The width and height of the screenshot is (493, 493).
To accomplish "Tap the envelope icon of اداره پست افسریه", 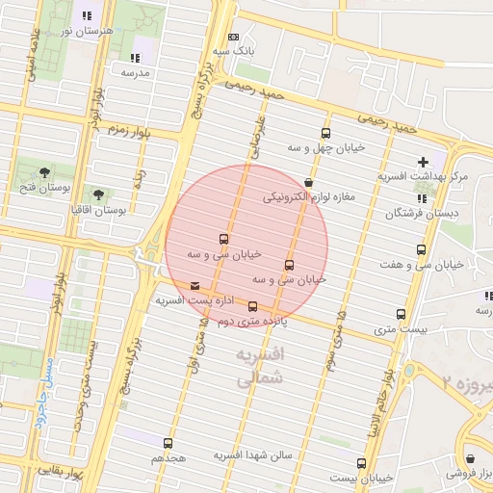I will click(196, 286).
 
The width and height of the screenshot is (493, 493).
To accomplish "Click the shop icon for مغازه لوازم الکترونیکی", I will click(308, 182).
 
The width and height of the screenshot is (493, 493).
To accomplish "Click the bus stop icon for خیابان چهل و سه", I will click(325, 134).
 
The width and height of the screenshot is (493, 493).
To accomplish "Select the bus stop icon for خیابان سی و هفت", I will click(420, 250).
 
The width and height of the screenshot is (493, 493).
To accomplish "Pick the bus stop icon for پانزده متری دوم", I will click(253, 307).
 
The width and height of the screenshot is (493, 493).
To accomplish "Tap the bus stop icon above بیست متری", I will click(402, 314).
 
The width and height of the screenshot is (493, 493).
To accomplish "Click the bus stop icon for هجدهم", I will click(169, 444).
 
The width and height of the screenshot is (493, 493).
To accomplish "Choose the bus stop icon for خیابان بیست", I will click(361, 463).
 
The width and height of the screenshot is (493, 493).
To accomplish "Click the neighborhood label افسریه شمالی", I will click(261, 367).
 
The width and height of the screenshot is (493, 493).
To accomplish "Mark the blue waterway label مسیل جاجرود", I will click(44, 394).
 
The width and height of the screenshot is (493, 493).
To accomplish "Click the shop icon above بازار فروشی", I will click(471, 459).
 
